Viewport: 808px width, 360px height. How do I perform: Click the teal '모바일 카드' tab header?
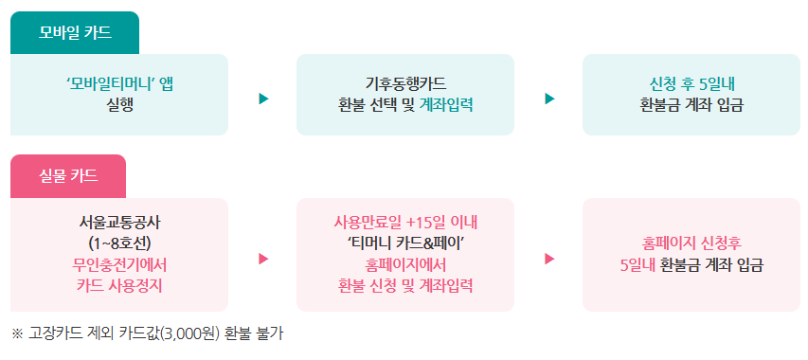[75, 34]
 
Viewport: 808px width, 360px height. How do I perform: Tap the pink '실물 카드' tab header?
[67, 176]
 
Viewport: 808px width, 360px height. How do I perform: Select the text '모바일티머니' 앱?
[119, 82]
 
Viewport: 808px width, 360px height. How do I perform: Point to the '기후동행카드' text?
[404, 82]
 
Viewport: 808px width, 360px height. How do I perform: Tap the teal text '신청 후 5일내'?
[691, 82]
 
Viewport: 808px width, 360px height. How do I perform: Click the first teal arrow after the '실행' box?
[263, 99]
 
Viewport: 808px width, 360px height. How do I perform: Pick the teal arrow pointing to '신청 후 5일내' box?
[549, 99]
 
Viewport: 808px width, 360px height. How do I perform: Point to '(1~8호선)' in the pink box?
[119, 243]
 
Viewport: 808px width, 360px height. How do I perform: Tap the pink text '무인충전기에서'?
[119, 264]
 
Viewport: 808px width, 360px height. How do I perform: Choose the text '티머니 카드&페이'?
[404, 243]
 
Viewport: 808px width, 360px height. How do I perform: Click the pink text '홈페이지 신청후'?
[691, 243]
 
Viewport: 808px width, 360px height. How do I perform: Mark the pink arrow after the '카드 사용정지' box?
[263, 259]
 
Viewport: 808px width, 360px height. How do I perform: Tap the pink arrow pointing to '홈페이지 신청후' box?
[549, 259]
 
